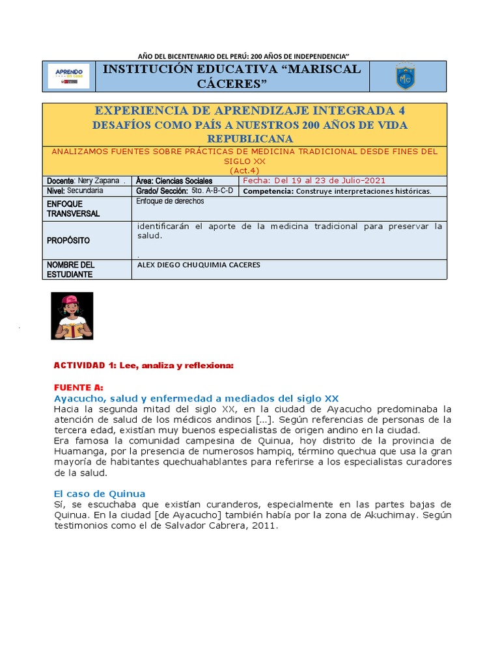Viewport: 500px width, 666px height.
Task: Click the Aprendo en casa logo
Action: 68,77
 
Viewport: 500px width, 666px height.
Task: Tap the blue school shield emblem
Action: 405,77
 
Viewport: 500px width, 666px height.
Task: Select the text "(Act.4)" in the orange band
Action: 244,170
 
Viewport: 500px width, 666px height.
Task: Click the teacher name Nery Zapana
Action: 98,180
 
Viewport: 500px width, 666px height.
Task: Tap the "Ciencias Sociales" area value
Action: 184,180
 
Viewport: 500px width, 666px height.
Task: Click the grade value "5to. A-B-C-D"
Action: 212,191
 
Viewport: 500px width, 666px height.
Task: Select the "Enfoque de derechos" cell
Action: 170,201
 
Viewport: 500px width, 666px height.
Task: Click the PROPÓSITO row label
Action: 68,241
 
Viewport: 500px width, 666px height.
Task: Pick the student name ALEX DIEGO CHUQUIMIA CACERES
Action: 199,265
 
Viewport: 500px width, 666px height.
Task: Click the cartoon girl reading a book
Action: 72,315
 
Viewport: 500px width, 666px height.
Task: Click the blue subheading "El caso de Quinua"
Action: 100,493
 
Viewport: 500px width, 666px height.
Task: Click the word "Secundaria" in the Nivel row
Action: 85,191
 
